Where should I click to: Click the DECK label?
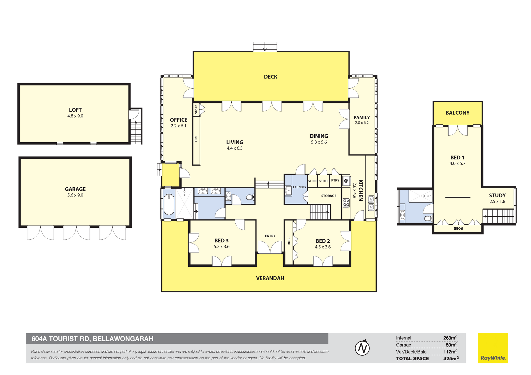coord(270,77)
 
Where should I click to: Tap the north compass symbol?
coord(362,348)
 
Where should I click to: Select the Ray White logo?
coord(493,348)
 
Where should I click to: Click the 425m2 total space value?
coord(451,358)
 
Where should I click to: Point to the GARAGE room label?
coord(75,189)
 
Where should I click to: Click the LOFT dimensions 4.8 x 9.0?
coord(75,116)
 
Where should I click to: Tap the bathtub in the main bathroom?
coord(169,204)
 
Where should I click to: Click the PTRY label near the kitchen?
coord(335,180)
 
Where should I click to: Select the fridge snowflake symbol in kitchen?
coord(346,181)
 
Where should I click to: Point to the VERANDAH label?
coord(270,278)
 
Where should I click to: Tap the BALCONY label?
coord(457,113)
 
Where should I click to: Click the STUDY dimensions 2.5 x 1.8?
coord(497,201)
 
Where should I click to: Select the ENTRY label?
coord(270,236)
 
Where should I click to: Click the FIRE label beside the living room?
coord(196,139)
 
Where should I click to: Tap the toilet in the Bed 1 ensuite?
coord(428,218)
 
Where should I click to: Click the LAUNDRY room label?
coord(300,187)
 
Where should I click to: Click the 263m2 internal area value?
coord(450,338)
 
